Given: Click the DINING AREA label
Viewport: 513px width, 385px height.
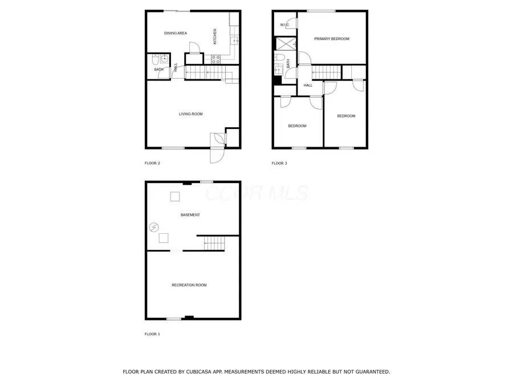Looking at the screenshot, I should pyautogui.click(x=176, y=33).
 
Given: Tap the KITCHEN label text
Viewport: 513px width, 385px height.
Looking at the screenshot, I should pyautogui.click(x=215, y=37).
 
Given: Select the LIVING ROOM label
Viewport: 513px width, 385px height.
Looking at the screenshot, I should pyautogui.click(x=191, y=114).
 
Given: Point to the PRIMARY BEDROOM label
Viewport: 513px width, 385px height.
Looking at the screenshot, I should pyautogui.click(x=332, y=39).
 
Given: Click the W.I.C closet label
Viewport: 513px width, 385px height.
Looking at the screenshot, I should pyautogui.click(x=284, y=25).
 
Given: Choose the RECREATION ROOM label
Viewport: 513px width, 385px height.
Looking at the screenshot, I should pyautogui.click(x=189, y=285).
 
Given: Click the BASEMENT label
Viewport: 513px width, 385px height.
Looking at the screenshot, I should pyautogui.click(x=190, y=215).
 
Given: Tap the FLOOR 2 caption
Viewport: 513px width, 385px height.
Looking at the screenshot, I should pyautogui.click(x=152, y=164).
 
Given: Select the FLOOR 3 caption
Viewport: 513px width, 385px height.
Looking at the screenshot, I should pyautogui.click(x=279, y=164).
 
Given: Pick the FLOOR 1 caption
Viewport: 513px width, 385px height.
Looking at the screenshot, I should pyautogui.click(x=152, y=334).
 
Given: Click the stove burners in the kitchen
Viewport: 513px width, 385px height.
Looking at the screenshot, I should pyautogui.click(x=216, y=58).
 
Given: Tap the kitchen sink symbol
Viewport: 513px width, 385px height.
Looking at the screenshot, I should pyautogui.click(x=234, y=40).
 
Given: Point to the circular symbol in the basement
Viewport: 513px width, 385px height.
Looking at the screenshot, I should pyautogui.click(x=153, y=228).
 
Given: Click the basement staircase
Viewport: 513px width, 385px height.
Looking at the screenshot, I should pyautogui.click(x=214, y=243).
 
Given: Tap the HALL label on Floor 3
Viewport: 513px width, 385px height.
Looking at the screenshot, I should pyautogui.click(x=308, y=86).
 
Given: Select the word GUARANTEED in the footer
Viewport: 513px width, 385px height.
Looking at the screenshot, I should pyautogui.click(x=369, y=372).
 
